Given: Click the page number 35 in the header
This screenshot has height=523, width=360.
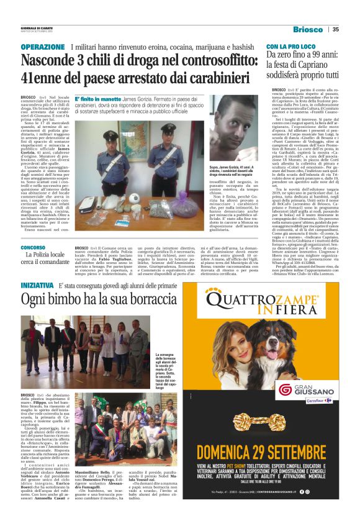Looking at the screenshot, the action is click(x=335, y=29).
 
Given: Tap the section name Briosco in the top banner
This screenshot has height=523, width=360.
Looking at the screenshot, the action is click(x=308, y=29).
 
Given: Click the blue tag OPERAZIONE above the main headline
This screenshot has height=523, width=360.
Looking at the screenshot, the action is click(x=42, y=47).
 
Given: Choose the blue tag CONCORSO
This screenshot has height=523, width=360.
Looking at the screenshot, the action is click(x=32, y=248).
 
